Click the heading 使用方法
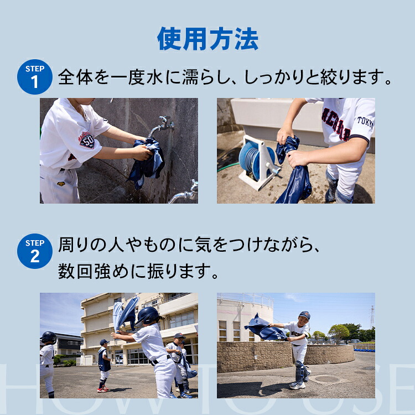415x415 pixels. pyautogui.click(x=207, y=39)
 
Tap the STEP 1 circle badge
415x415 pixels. pyautogui.click(x=35, y=77)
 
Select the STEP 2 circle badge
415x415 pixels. pyautogui.click(x=35, y=251)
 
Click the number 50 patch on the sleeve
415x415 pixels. pyautogui.click(x=87, y=141)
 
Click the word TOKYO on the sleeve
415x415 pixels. pyautogui.click(x=365, y=122)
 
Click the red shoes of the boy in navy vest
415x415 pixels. pyautogui.click(x=103, y=389)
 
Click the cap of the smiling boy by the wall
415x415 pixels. pyautogui.click(x=304, y=315)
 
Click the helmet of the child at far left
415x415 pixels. pyautogui.click(x=49, y=338)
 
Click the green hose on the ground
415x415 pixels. pyautogui.click(x=228, y=166)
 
